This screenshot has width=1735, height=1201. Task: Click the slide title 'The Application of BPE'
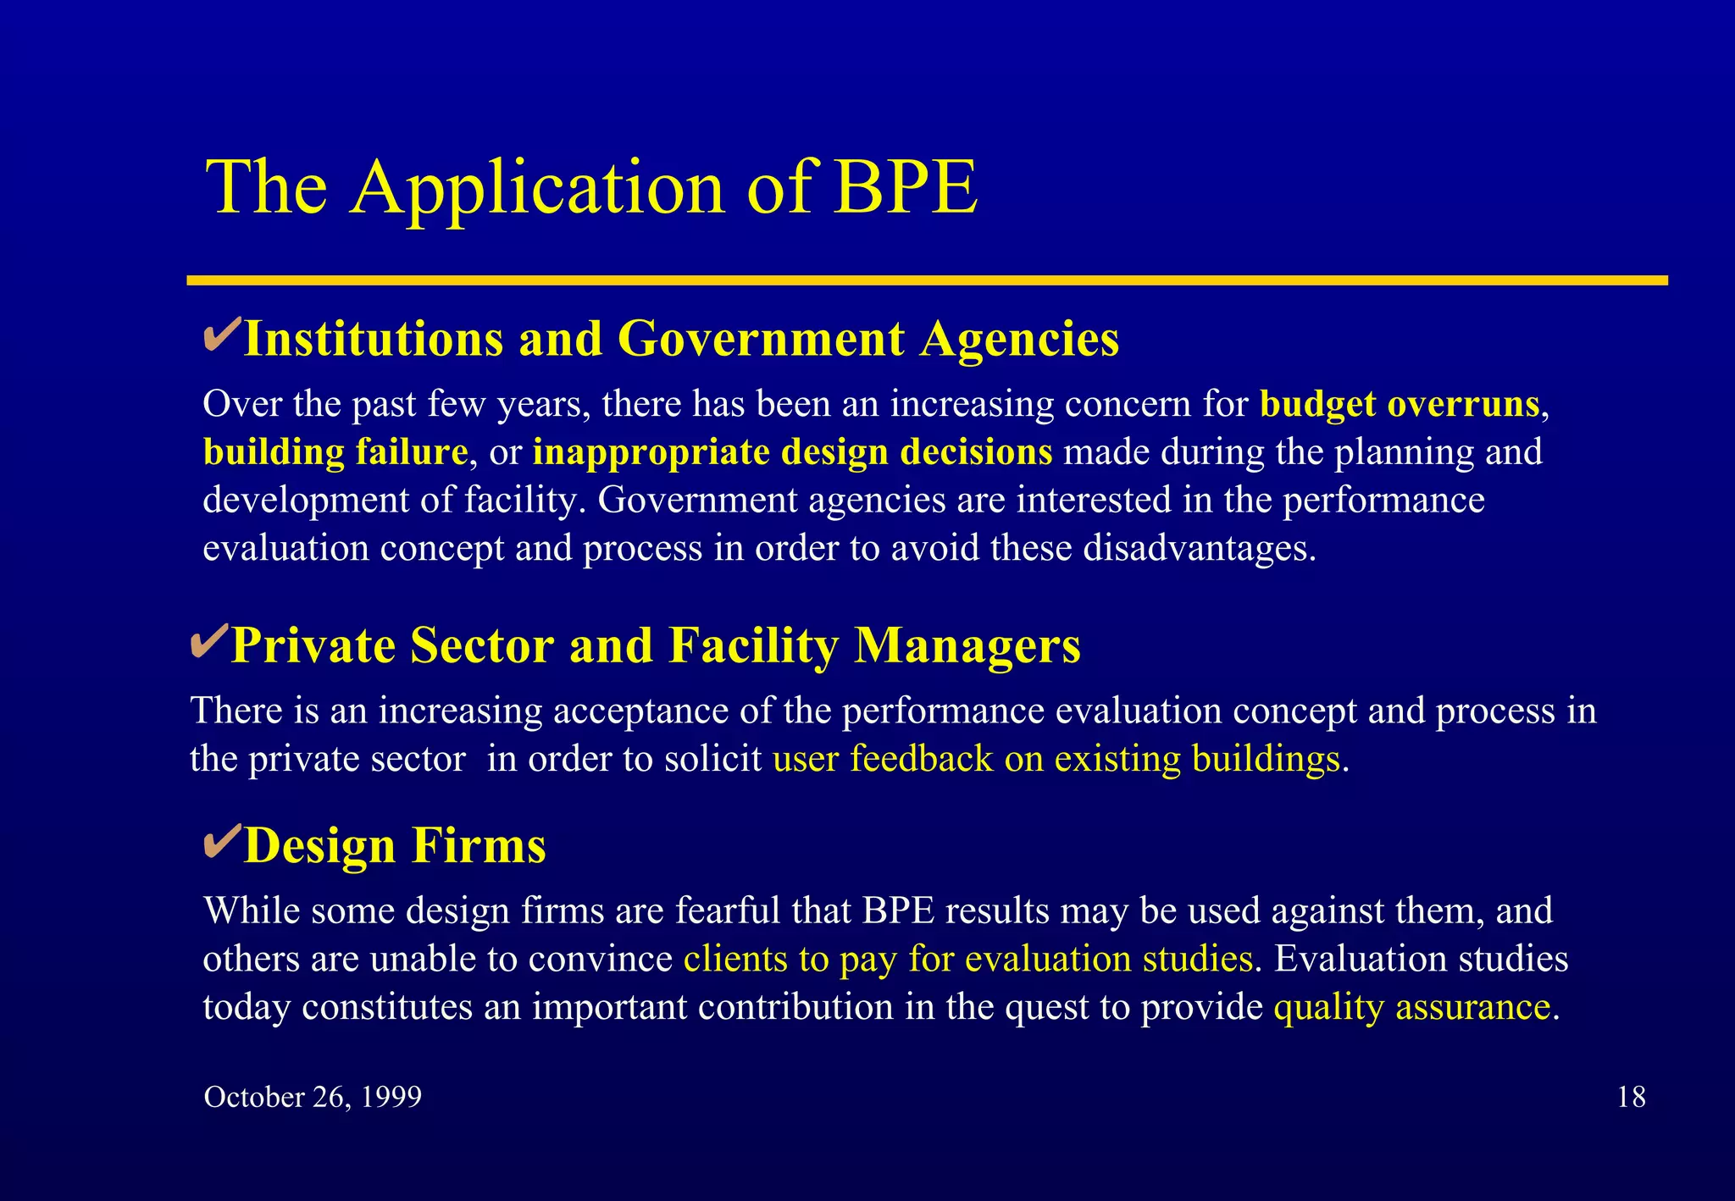click(x=591, y=187)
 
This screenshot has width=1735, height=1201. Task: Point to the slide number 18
click(x=1631, y=1097)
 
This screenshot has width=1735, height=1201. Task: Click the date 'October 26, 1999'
click(x=313, y=1097)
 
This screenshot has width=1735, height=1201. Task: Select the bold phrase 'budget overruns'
click(x=1400, y=404)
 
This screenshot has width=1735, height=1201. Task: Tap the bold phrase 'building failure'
click(x=335, y=452)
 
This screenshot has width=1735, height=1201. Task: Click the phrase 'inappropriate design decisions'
click(x=792, y=452)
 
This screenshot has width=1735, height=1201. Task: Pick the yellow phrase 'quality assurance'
click(x=1412, y=1007)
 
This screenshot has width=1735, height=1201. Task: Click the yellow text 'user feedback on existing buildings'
click(x=1056, y=759)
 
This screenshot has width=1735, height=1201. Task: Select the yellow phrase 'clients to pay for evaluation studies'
click(x=968, y=959)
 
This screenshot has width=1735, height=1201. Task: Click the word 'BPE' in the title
click(x=906, y=187)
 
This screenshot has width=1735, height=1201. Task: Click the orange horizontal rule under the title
click(x=927, y=280)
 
